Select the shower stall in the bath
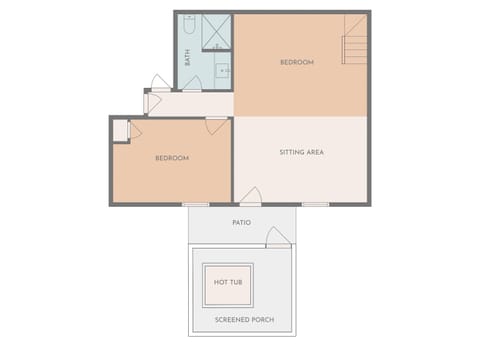(x=216, y=32)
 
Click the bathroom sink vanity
(x=222, y=72)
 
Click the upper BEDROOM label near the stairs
(x=297, y=63)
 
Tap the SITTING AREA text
(x=301, y=152)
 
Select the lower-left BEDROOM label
(x=172, y=158)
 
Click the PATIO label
(x=241, y=222)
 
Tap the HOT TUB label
(x=229, y=283)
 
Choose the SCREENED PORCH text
(x=245, y=320)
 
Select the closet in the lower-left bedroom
(x=121, y=131)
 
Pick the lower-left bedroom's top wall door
(x=216, y=124)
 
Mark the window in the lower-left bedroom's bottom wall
(x=196, y=204)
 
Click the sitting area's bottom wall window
(x=315, y=204)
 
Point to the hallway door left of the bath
(x=160, y=83)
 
